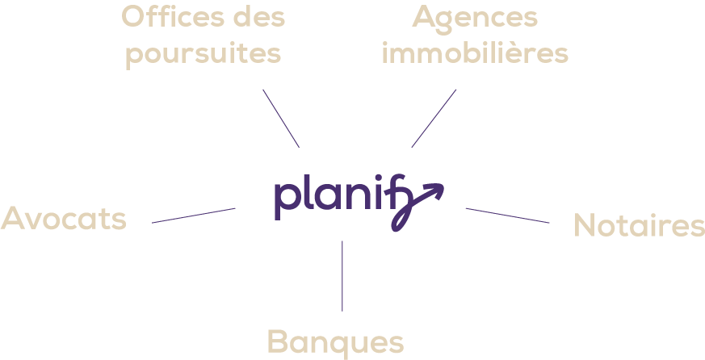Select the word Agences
tap(475, 18)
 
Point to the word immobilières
tap(475, 54)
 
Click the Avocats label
tap(64, 218)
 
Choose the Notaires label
tap(639, 226)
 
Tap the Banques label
tap(335, 341)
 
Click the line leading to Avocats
tap(194, 216)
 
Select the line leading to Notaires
tap(507, 216)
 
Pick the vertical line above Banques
tap(342, 275)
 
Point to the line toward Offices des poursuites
tap(281, 118)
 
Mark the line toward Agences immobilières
tap(434, 118)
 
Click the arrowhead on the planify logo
tap(436, 190)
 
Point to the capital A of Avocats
tap(14, 218)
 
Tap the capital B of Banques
tap(279, 341)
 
